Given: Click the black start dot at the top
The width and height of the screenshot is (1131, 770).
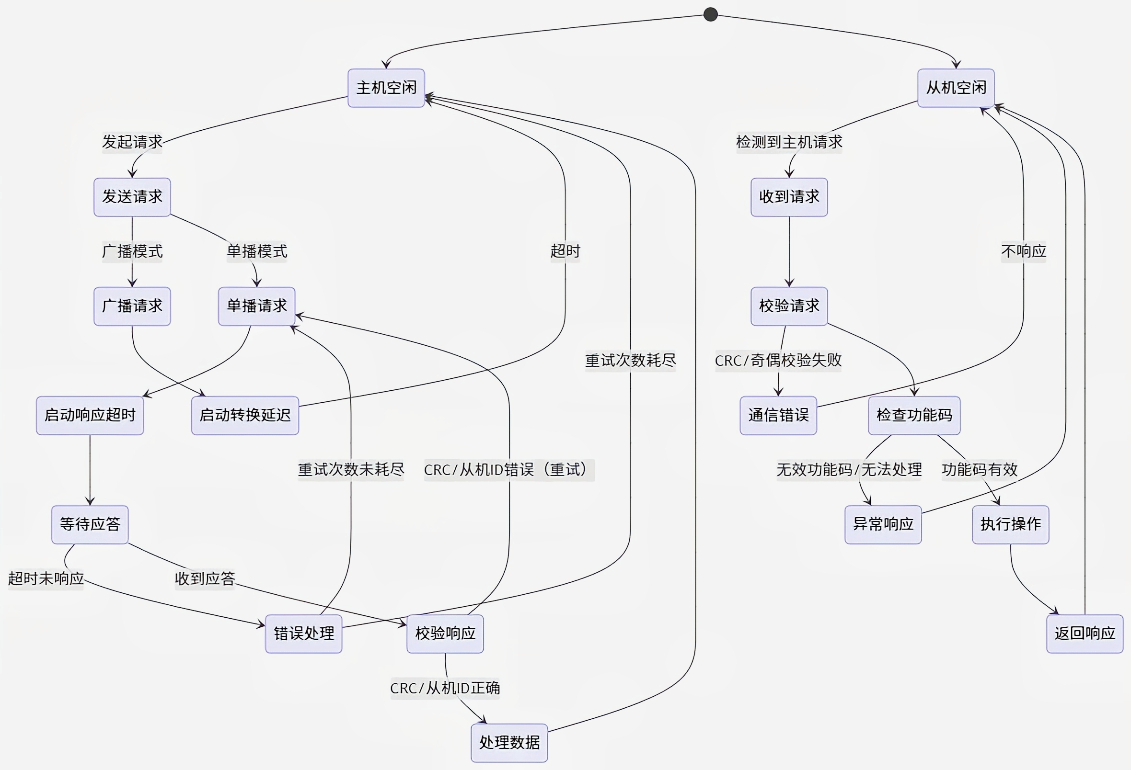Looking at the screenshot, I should pos(711,14).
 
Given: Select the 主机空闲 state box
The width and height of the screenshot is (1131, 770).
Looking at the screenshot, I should pos(386,88).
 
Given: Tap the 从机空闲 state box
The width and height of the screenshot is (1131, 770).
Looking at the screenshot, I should pos(956,88).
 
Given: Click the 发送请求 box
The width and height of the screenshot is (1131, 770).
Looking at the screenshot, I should pos(132,197).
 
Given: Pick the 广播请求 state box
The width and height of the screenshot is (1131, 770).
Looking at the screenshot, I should pos(132,306).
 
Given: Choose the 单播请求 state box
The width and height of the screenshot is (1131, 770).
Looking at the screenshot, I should pos(256,306).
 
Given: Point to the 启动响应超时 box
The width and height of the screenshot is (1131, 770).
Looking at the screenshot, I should pos(90,415).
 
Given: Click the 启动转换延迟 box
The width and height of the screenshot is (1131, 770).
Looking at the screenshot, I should pos(245,415).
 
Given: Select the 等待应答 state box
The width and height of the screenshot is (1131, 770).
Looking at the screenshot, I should pos(90,524).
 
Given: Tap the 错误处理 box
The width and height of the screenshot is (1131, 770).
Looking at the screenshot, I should pos(303,634).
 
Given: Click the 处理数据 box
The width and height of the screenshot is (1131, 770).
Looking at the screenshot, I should pos(509,742).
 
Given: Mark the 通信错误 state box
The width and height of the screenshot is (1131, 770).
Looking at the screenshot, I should pos(778,415).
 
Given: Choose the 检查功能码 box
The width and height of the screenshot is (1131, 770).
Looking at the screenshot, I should pos(914,415).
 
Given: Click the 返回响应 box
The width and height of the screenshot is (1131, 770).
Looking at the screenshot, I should pos(1085,634).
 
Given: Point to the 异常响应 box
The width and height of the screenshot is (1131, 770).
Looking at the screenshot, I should pos(883,524).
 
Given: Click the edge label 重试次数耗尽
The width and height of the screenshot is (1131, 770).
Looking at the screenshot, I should pos(630,361).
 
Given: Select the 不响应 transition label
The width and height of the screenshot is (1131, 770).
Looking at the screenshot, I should pos(1024,251).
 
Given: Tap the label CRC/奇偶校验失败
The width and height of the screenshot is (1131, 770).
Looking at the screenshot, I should pos(778,361).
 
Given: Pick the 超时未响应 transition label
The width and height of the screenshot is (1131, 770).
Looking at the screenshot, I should pos(46,579).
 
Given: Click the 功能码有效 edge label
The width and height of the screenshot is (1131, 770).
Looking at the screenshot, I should pos(979,470).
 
